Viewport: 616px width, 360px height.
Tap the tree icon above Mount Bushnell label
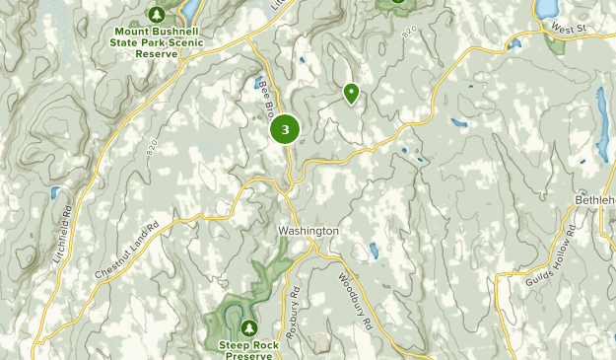point(156,14)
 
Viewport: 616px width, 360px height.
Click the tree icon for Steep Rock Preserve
point(248,326)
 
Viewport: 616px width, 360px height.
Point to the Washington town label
point(308,231)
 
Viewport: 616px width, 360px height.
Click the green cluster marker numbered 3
point(285,128)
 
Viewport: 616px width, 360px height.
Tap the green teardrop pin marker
point(351,93)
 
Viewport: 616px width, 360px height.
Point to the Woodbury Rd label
point(356,300)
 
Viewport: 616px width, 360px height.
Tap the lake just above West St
point(545,9)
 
